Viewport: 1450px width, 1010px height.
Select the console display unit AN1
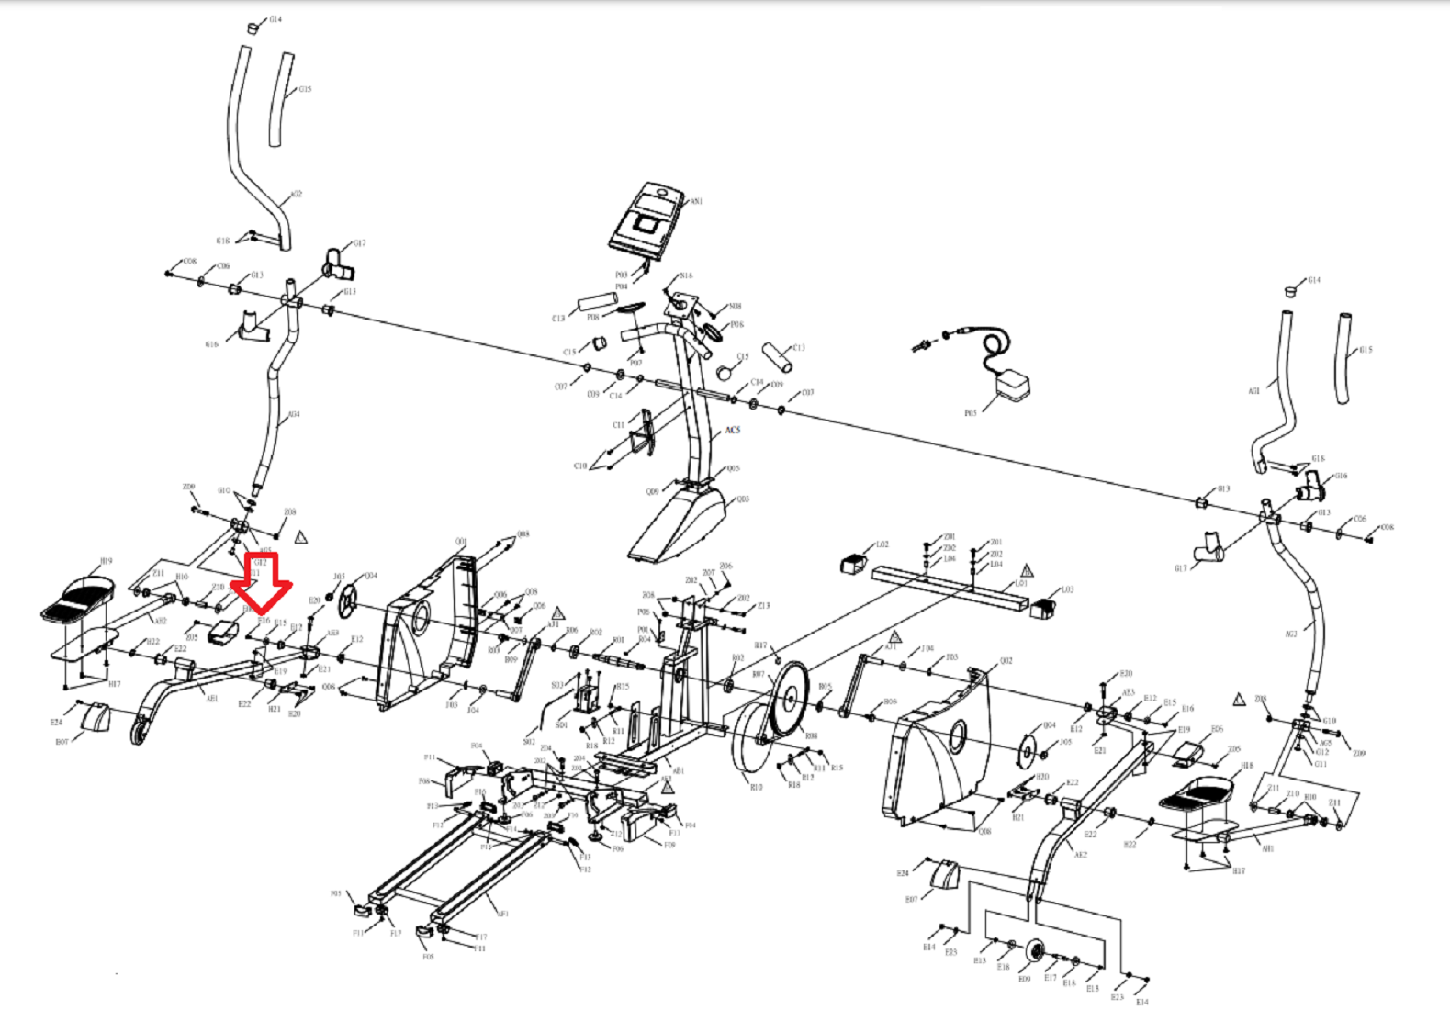tap(646, 219)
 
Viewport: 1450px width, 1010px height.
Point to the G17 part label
tap(359, 243)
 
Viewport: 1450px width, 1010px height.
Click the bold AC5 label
tap(732, 430)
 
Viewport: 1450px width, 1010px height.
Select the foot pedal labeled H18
tap(1200, 795)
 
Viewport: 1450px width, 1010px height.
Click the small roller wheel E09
tap(1036, 951)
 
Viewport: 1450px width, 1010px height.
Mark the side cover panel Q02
tap(941, 744)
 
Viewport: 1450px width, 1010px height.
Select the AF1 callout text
tap(502, 914)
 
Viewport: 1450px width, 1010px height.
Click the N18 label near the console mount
tap(686, 275)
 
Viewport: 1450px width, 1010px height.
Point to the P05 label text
tap(970, 413)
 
